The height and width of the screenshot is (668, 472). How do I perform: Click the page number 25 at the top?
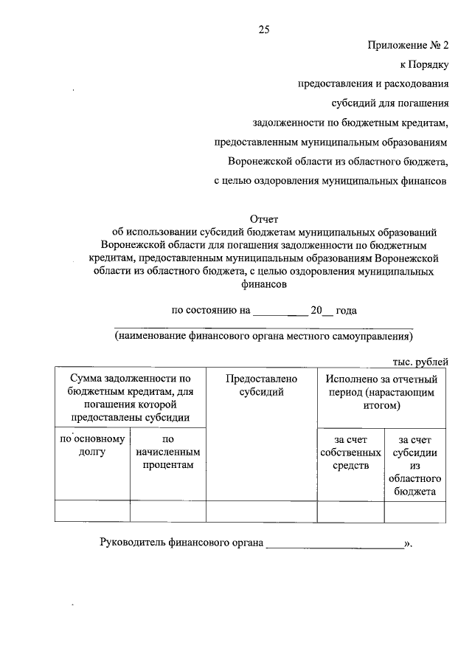pos(264,30)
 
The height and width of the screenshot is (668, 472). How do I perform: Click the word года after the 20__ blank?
pos(346,311)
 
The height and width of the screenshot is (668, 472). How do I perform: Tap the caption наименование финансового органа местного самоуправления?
pos(263,336)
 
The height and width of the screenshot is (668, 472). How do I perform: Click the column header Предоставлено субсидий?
pos(261,385)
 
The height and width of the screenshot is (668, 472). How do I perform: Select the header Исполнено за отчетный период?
pos(381,392)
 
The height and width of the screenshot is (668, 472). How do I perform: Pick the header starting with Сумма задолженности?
pos(131,398)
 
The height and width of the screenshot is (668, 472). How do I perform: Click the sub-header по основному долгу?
pos(92,445)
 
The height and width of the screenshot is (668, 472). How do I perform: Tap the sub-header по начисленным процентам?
pos(167,452)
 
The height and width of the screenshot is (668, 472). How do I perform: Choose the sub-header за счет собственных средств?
pos(350,452)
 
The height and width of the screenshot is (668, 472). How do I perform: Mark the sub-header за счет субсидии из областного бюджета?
pos(414,465)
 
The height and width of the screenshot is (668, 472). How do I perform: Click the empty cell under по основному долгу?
pos(92,511)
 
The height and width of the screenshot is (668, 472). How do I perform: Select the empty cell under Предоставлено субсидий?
pos(261,511)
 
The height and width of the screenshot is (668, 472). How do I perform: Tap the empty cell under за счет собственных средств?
pos(350,511)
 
